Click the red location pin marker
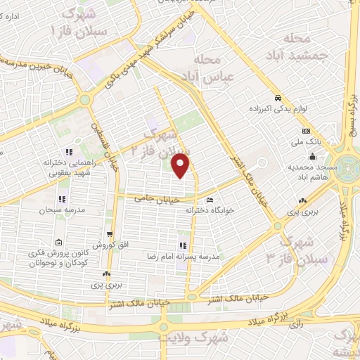181,165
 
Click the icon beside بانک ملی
306,131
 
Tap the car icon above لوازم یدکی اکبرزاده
278,98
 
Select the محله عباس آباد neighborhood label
224,69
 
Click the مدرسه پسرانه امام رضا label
183,257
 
